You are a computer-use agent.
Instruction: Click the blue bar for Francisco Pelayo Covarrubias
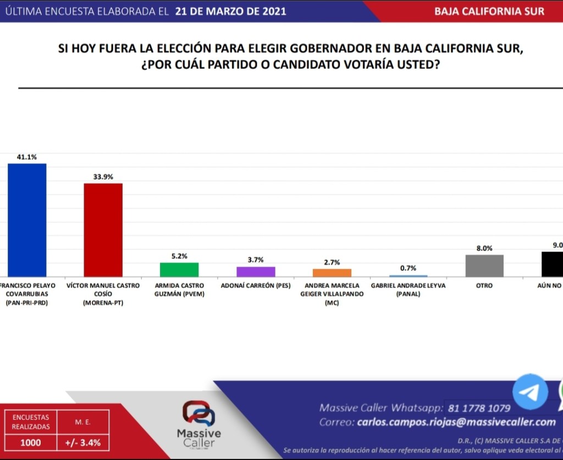tap(26, 220)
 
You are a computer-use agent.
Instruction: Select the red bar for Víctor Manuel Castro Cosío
tap(103, 229)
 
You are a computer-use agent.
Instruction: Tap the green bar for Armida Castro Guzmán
tap(179, 270)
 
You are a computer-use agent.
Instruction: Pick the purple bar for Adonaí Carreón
tap(256, 271)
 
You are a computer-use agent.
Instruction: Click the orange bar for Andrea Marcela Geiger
tap(332, 272)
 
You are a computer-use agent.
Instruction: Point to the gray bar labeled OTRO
tap(484, 265)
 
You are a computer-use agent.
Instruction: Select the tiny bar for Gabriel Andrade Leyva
tap(409, 276)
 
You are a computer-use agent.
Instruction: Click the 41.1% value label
tap(26, 157)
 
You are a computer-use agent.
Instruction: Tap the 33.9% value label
tap(103, 177)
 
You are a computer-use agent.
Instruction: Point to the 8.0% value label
tap(484, 248)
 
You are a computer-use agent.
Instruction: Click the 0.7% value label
tap(409, 268)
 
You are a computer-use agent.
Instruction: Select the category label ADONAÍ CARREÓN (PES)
tap(256, 286)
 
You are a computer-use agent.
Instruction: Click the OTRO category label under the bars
tap(484, 286)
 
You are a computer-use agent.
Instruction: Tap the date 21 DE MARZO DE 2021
tap(231, 11)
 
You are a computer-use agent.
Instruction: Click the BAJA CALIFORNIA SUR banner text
tap(489, 11)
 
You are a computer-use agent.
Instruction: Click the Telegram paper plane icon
tap(531, 392)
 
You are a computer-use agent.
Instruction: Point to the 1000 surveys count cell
tap(30, 442)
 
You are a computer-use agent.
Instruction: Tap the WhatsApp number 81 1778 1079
tap(479, 408)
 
